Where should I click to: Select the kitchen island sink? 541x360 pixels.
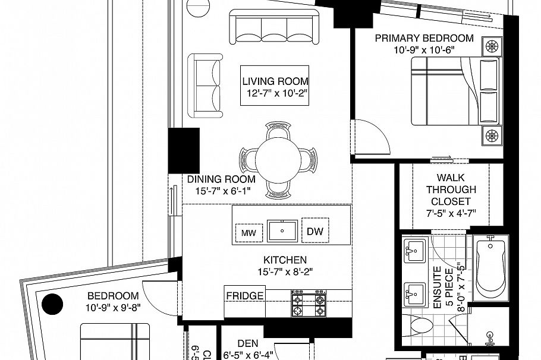(282, 230)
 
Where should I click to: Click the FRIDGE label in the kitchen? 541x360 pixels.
(244, 295)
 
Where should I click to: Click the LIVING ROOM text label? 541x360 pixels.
(275, 81)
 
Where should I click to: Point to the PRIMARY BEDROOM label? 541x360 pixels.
(424, 39)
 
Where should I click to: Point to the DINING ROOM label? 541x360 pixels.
(221, 179)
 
